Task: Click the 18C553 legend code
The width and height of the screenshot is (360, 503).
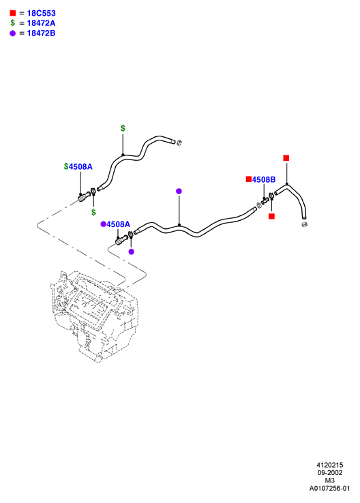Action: [x=42, y=13]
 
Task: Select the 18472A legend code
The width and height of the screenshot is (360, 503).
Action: [x=41, y=23]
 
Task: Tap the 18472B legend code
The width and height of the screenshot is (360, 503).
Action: [x=41, y=33]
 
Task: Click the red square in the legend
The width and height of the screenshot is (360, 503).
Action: [x=12, y=13]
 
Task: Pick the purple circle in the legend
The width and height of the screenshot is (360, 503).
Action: [x=12, y=33]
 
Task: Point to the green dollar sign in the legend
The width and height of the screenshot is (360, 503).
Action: [x=12, y=22]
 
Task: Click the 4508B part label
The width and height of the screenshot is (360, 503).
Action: [x=264, y=180]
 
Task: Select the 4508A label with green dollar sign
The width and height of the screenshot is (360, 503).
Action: [x=80, y=166]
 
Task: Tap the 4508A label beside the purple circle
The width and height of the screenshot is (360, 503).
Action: [x=118, y=224]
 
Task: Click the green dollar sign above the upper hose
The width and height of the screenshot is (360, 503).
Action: [x=123, y=128]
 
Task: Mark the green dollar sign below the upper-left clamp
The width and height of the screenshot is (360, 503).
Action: [x=93, y=212]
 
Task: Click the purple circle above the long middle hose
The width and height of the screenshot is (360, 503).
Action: [x=179, y=192]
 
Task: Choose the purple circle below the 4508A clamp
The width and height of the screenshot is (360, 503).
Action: [x=131, y=251]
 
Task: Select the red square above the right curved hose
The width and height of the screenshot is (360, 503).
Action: [x=286, y=158]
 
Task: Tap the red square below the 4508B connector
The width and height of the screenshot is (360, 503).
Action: [x=271, y=216]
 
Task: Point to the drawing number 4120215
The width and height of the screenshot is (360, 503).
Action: [x=330, y=465]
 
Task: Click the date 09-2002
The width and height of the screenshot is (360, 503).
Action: [x=330, y=472]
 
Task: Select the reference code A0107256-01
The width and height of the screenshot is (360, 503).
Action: [x=329, y=488]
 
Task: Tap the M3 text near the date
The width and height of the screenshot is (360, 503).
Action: [x=330, y=481]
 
